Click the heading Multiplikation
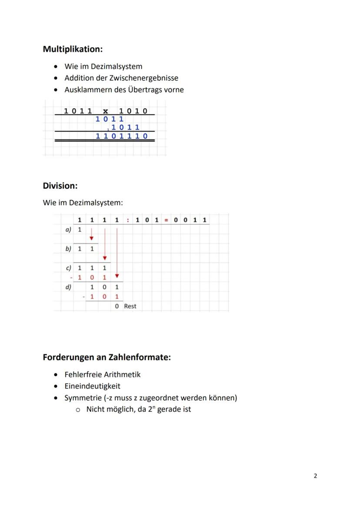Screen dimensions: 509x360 pos(73,49)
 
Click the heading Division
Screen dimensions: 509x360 pos(60,186)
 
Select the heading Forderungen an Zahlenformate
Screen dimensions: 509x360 pos(107,357)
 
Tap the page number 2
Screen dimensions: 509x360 pos(315,476)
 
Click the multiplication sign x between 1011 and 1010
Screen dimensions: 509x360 pos(105,111)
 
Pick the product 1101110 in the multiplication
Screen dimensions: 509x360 pos(122,136)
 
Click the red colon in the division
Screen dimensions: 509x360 pos(128,220)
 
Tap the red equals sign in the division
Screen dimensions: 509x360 pos(166,220)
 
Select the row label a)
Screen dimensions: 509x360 pos(68,229)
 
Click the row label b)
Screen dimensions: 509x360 pos(68,249)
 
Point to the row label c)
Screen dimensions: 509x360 pos(68,268)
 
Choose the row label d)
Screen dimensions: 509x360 pos(68,287)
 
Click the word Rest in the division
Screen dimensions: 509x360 pos(130,306)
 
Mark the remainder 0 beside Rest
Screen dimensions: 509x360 pos(117,306)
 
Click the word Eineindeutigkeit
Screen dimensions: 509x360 pos(92,386)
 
